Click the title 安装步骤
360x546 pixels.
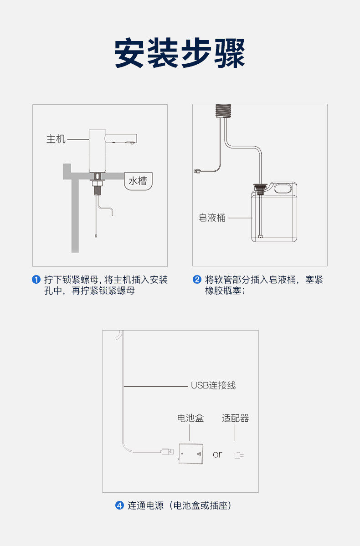[x=180, y=54]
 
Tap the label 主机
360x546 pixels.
[x=56, y=139]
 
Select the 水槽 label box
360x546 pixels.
[x=138, y=181]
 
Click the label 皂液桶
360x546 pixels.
[x=212, y=218]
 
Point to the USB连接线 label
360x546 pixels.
[x=213, y=385]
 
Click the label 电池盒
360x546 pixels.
[x=190, y=418]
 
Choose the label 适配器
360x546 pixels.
[x=236, y=418]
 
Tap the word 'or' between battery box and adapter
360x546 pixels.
[x=217, y=454]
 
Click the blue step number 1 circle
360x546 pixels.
[x=36, y=280]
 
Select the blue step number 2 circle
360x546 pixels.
[x=197, y=280]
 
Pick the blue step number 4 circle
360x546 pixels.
[x=119, y=505]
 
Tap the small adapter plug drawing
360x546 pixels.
[x=238, y=454]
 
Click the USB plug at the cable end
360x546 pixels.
[x=167, y=452]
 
